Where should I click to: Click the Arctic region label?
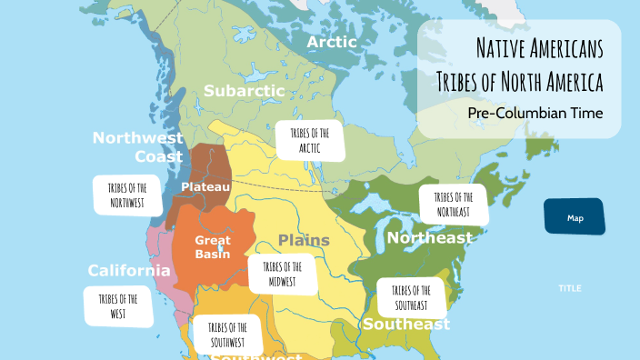click(x=331, y=43)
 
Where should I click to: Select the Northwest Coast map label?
click(x=138, y=147)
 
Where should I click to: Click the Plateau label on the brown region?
click(x=205, y=186)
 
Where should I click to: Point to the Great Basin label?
click(x=213, y=247)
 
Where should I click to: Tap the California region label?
click(x=129, y=271)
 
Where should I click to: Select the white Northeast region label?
click(x=429, y=238)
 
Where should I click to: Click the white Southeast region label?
click(x=406, y=325)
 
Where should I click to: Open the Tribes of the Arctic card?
click(x=310, y=140)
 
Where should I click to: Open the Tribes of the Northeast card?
click(x=452, y=205)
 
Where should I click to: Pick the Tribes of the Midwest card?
click(x=283, y=274)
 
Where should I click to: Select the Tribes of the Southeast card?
click(x=411, y=297)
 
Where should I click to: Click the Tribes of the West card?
click(x=118, y=306)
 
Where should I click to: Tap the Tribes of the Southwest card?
click(x=227, y=335)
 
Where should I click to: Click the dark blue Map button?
click(x=575, y=218)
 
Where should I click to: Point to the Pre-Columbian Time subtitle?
click(x=535, y=114)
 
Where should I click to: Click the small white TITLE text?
click(x=570, y=288)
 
